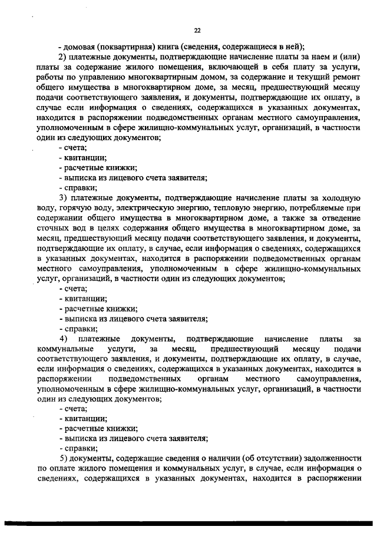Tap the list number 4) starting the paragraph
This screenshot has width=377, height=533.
click(x=63, y=339)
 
